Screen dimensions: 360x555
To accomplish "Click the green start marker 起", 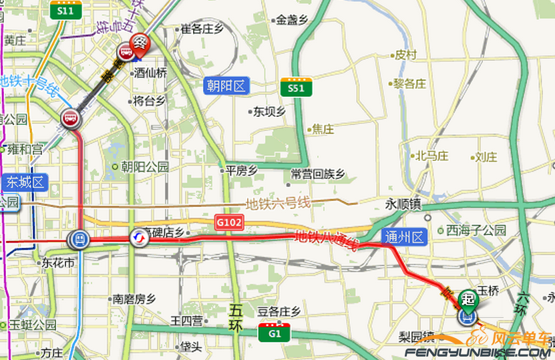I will tap(469, 299).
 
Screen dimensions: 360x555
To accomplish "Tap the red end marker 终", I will tap(140, 43).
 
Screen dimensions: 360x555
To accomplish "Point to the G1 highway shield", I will tap(274, 332).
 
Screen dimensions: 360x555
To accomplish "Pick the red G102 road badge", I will tap(228, 220).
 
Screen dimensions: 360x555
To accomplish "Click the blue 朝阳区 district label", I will tap(226, 85).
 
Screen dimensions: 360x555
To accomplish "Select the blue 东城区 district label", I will tap(24, 182).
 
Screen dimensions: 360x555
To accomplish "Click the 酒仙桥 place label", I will tap(150, 71).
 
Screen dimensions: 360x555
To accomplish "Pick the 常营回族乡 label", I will tap(317, 174).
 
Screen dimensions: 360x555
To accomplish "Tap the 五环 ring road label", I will tap(236, 318).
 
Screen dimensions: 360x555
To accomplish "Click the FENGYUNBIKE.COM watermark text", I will tap(478, 351).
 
